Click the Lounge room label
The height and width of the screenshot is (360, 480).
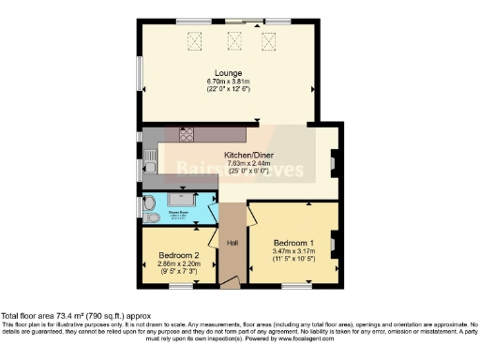point(228,73)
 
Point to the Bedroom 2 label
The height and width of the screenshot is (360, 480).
point(178,256)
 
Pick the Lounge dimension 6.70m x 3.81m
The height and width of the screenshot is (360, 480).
point(228,82)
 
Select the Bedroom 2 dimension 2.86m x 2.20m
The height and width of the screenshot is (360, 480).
point(178,264)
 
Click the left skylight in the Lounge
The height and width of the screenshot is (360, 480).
point(197,39)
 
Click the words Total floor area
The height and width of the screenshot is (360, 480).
point(32,316)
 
